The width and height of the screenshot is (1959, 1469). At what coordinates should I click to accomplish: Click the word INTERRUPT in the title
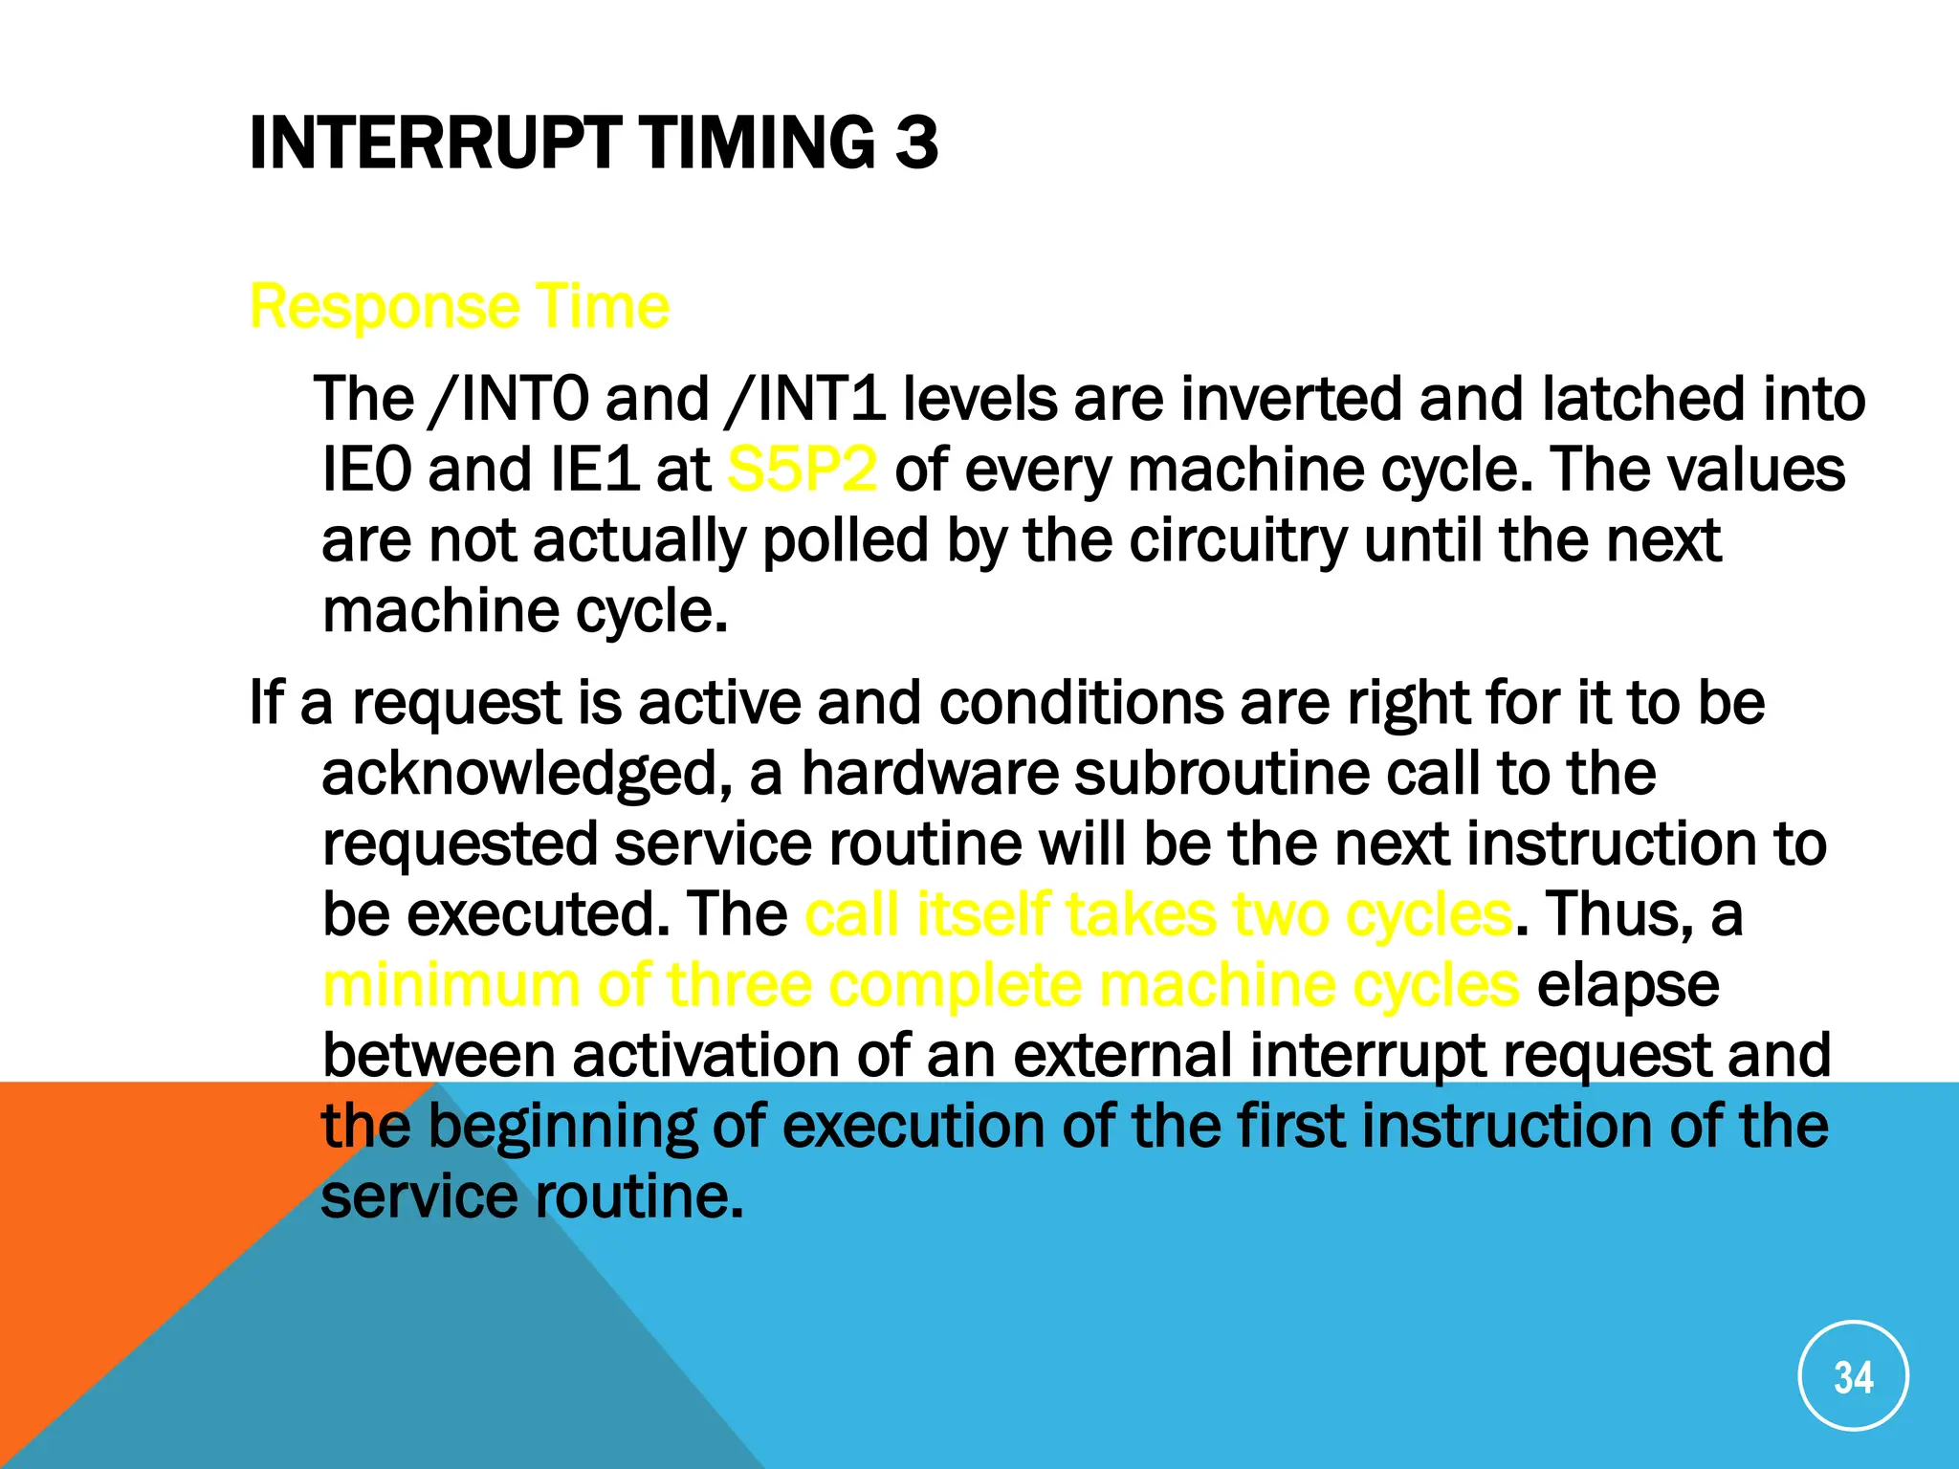(435, 143)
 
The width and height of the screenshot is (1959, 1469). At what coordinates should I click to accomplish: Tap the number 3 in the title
(916, 143)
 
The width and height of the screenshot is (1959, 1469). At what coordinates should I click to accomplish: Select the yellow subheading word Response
(384, 308)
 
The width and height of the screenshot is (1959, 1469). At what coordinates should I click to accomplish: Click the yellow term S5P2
(802, 470)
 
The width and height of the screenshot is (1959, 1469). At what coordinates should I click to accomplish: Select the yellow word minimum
(451, 985)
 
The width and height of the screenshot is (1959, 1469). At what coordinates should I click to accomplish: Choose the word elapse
(1627, 985)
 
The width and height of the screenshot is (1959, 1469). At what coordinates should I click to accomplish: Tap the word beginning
(561, 1127)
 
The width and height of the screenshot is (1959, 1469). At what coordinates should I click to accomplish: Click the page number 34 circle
(1853, 1375)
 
